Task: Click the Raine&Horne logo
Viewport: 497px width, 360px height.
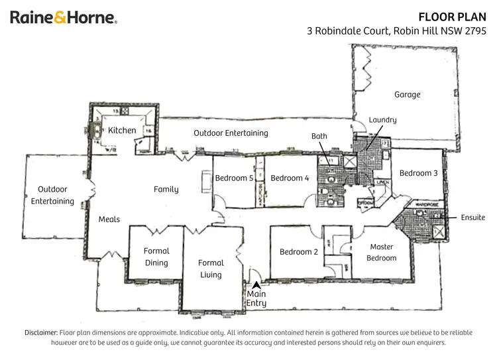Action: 64,17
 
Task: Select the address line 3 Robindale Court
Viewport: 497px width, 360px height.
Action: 396,30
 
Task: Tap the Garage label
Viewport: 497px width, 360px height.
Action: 407,95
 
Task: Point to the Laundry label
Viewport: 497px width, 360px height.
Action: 382,120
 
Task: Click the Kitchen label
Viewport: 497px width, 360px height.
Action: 122,131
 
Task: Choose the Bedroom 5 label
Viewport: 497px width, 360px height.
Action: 235,178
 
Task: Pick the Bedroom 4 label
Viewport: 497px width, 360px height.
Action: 290,178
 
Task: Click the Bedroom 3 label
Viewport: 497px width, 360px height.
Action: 418,173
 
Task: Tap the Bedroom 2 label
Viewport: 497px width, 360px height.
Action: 299,252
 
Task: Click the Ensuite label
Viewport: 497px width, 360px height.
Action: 472,217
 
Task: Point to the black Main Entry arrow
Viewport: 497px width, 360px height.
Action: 256,284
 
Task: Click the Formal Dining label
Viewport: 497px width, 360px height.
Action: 156,257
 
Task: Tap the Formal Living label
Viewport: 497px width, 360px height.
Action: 211,269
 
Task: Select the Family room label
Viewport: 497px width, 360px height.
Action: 166,190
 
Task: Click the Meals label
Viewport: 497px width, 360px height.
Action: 109,219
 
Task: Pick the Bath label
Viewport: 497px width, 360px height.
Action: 319,136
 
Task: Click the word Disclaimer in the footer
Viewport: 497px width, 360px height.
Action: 40,332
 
